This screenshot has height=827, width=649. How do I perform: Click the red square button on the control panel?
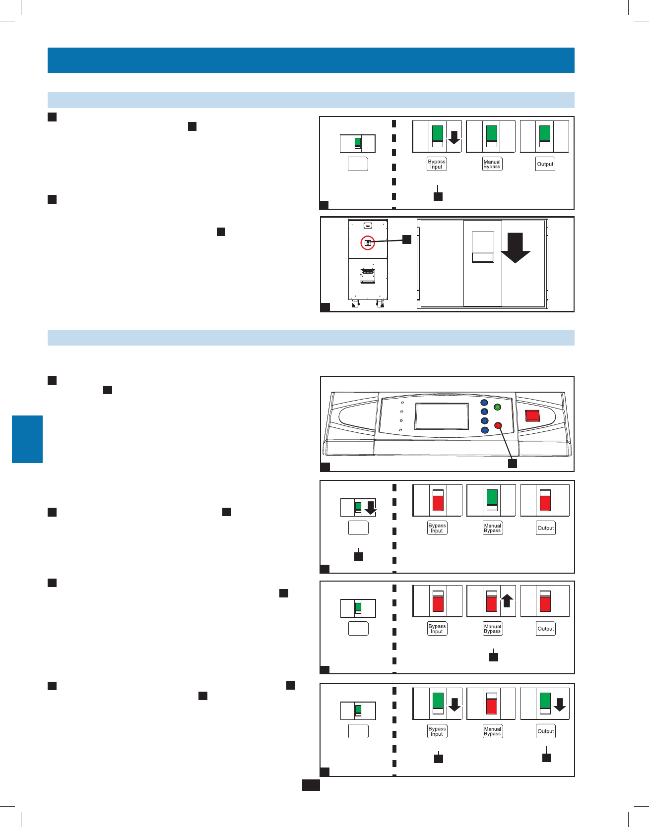(x=533, y=415)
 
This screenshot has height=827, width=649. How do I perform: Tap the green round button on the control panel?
(x=497, y=407)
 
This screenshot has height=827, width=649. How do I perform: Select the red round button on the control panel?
(x=498, y=425)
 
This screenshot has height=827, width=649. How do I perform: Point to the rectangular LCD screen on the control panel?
(x=442, y=416)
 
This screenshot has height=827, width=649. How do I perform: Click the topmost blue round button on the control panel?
(x=484, y=403)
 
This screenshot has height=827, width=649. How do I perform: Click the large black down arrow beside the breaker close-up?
(x=516, y=247)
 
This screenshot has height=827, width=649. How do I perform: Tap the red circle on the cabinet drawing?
(x=368, y=243)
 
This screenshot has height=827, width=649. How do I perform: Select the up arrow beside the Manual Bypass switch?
(x=507, y=601)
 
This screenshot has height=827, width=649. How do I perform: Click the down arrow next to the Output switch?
(x=560, y=705)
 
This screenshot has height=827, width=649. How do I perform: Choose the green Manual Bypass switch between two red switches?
(x=492, y=500)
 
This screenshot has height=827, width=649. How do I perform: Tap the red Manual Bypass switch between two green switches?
(x=492, y=704)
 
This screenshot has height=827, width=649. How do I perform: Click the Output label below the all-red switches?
(x=546, y=629)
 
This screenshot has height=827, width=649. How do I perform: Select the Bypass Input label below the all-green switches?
(x=437, y=164)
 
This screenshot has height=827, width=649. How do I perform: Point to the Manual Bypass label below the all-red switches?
(x=492, y=629)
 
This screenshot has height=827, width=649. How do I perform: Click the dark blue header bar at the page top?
(x=311, y=60)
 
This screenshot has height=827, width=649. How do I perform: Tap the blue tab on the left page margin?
(x=27, y=439)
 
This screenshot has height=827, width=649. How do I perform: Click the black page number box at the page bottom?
(x=311, y=785)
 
